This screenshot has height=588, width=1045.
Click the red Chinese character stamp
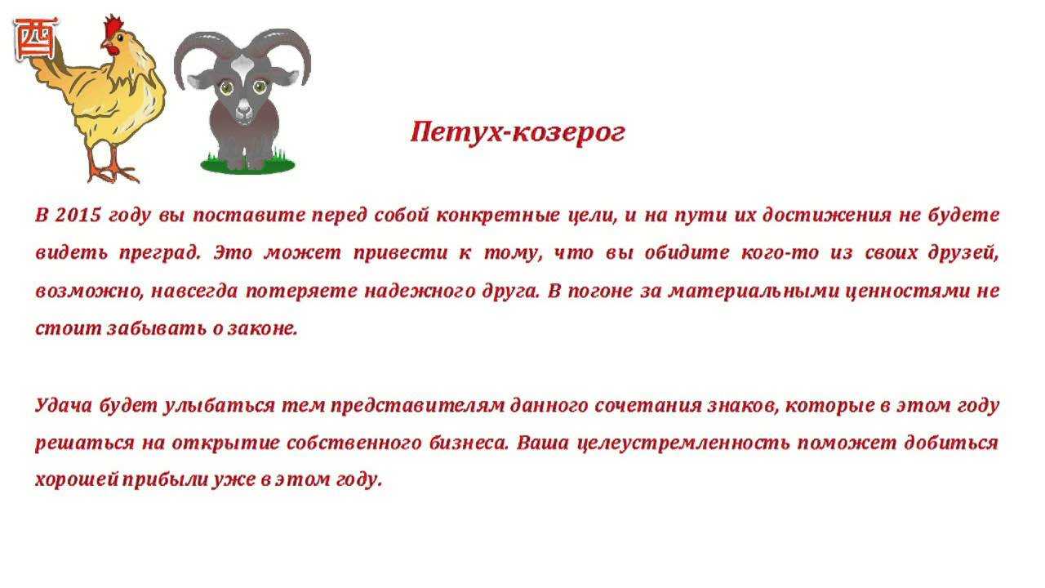coord(37,40)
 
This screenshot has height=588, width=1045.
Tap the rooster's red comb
coord(113,27)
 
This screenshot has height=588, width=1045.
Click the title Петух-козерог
coord(518,133)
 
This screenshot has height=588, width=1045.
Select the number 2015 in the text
coord(78,215)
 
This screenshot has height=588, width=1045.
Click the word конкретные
coord(498,216)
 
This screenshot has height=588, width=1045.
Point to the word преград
coord(160,253)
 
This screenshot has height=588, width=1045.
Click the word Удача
coord(64,405)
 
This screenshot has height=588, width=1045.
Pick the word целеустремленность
coord(683,443)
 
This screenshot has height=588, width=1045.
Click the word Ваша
coord(543,443)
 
